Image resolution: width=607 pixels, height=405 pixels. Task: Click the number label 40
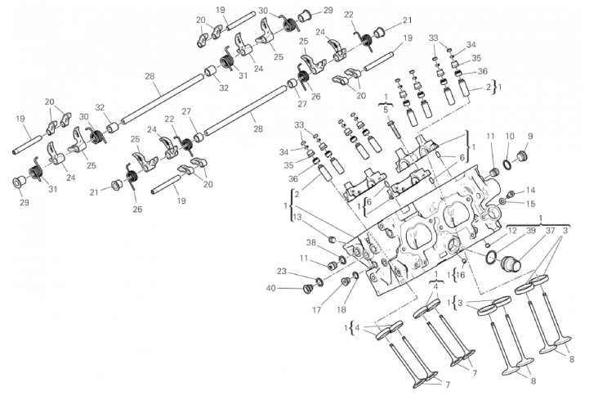coord(270,288)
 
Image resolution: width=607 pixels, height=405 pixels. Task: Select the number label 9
coord(529,137)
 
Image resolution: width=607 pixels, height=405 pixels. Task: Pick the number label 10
coord(509,137)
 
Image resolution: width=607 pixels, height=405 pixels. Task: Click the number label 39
coord(531,232)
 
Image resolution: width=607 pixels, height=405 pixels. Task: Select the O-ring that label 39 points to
coord(490,258)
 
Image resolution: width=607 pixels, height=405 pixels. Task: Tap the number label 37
coord(550,232)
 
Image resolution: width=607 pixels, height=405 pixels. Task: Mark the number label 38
coord(310,243)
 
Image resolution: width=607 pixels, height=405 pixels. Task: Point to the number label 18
coord(341,310)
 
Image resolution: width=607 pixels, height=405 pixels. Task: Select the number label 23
coord(281,272)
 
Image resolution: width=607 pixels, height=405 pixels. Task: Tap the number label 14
coord(530,190)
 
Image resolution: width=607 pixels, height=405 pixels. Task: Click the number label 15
coord(530,204)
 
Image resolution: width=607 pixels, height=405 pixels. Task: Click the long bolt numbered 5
coord(394,127)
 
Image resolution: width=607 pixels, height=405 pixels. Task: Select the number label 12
coord(512,232)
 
